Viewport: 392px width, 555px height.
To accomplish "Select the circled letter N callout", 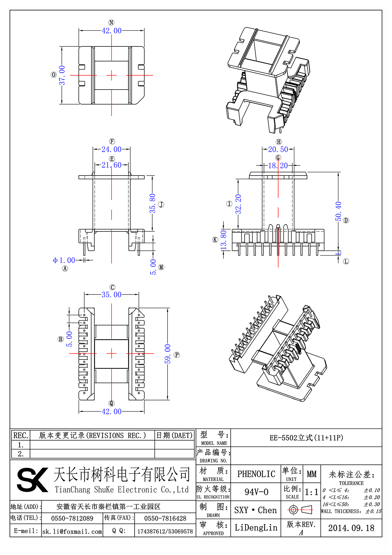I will click(x=111, y=23).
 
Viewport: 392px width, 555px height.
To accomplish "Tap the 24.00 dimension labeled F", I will click(x=111, y=149).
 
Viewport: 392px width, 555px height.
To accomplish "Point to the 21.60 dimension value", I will click(x=111, y=165).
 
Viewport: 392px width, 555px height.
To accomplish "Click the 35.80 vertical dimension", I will click(x=153, y=203).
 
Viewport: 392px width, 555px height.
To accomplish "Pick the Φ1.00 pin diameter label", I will click(x=64, y=260).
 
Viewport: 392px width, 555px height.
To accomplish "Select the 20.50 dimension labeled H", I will click(x=278, y=149).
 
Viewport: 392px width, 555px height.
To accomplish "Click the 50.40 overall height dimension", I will click(x=338, y=211).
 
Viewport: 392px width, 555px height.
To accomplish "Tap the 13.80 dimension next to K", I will click(x=224, y=240).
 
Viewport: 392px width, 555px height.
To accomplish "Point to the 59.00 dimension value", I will click(x=168, y=354).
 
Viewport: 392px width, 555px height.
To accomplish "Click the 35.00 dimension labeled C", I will click(x=111, y=294).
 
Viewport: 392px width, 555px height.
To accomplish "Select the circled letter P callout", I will click(x=177, y=355).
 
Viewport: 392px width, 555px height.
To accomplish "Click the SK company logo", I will click(x=32, y=479).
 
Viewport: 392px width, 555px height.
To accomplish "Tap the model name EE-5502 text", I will click(x=306, y=438).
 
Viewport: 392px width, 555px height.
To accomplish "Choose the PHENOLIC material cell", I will click(x=256, y=474).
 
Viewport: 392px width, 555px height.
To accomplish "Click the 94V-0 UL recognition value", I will click(x=256, y=492).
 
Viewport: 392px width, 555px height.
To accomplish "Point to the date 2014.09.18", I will click(x=351, y=528).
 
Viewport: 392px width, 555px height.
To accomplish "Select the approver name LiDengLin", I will click(x=256, y=527).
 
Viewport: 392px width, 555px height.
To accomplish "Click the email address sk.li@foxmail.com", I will click(x=72, y=531).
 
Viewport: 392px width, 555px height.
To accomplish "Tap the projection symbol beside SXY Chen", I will click(x=301, y=510).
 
